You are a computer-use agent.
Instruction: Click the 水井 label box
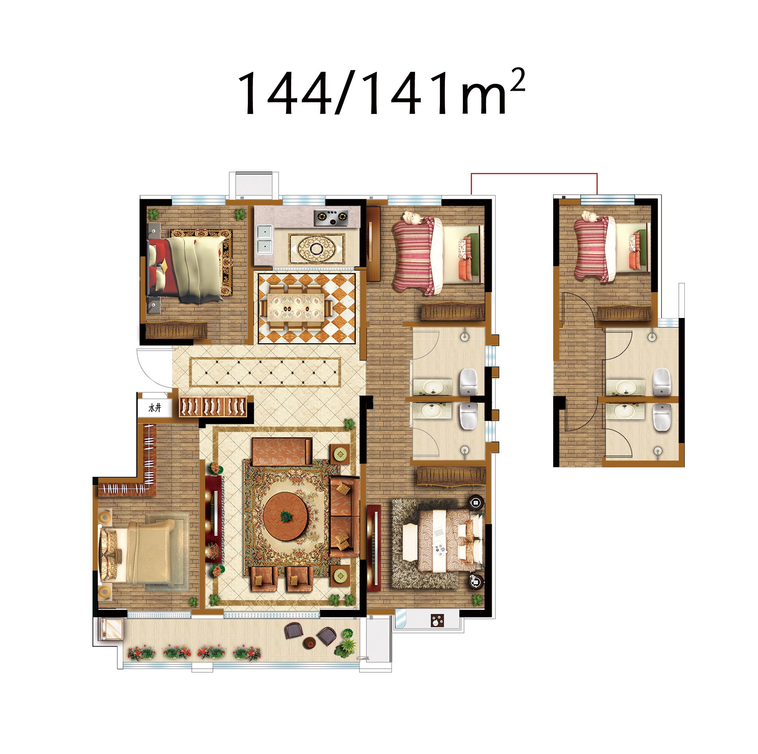(x=155, y=408)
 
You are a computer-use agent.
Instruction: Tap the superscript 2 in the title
(x=517, y=80)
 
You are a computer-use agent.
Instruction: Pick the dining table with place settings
(x=296, y=307)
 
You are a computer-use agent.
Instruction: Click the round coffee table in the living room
(x=285, y=517)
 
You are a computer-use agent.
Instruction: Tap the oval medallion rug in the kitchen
(x=317, y=248)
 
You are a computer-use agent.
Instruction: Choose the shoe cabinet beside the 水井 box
(x=213, y=407)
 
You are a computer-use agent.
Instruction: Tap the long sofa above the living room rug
(x=282, y=452)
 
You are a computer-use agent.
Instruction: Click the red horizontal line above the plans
(x=534, y=173)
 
